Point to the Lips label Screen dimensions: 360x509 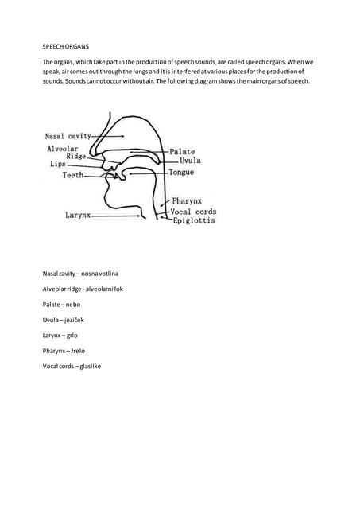tap(59, 165)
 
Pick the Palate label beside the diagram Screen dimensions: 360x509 tap(183, 151)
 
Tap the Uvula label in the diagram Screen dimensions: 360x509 tap(185, 161)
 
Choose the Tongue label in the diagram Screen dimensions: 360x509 tap(182, 172)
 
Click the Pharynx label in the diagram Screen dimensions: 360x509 tap(188, 202)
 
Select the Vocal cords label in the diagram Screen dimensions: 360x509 tap(193, 212)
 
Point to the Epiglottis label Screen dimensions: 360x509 tap(194, 220)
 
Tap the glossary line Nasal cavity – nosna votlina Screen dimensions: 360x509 tap(81, 274)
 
